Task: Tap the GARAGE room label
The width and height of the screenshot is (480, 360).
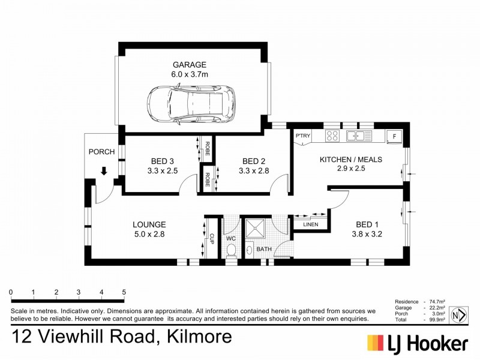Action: [x=190, y=64]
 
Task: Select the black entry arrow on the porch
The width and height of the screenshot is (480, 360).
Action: [x=104, y=172]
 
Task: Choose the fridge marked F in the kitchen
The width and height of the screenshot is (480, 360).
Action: [x=394, y=136]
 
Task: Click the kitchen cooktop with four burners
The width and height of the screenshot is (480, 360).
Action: [x=332, y=136]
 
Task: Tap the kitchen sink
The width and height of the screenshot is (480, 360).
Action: [x=361, y=136]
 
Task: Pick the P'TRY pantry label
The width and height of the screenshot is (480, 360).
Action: [x=302, y=136]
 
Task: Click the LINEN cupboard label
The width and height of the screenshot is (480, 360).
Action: [x=310, y=225]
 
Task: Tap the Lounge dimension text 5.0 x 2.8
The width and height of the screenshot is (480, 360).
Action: [x=149, y=235]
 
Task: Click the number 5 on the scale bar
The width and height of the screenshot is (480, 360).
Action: [x=124, y=292]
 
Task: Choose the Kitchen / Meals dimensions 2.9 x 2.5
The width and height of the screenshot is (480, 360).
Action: [x=351, y=169]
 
